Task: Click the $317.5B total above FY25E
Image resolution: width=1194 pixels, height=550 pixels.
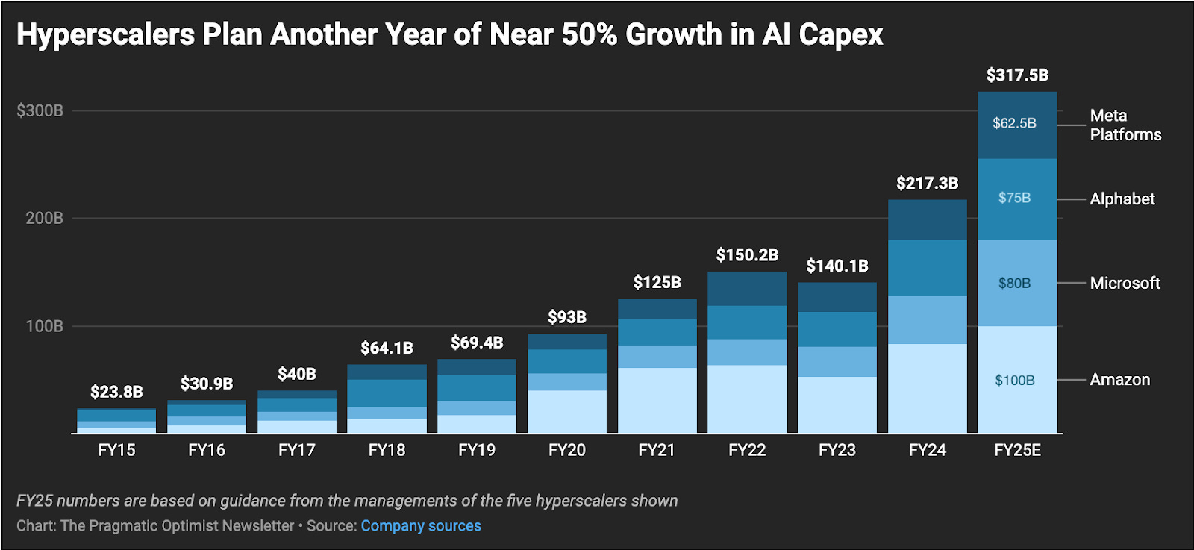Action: tap(1016, 75)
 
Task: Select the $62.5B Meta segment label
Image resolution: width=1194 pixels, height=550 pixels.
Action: tap(1014, 123)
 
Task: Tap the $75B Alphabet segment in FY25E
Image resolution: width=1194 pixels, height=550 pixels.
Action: tap(1014, 198)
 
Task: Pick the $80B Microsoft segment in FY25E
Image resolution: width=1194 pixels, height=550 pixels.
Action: tap(1014, 284)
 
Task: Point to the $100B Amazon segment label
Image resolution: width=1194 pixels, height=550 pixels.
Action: tap(1014, 381)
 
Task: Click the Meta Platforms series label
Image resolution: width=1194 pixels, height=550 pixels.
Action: tap(1125, 125)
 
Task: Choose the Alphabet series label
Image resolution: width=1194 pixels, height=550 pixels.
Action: tap(1122, 199)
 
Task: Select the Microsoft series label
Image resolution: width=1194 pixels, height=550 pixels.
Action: tap(1125, 284)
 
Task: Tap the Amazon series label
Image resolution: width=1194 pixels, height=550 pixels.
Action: tap(1119, 380)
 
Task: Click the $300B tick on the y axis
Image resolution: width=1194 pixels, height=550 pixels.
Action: tap(40, 111)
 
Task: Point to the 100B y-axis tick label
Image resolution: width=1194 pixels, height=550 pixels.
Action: tap(45, 326)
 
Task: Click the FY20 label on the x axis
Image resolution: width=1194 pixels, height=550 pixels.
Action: tap(566, 450)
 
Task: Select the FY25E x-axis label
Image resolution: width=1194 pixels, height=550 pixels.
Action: tap(1016, 450)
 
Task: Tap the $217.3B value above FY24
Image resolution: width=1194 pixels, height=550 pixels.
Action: tap(927, 183)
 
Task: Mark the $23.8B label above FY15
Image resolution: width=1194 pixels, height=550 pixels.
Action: tap(116, 392)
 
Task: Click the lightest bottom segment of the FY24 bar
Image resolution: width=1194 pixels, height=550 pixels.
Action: tap(927, 388)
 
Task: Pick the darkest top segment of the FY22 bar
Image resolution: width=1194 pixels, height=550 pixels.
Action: tap(747, 288)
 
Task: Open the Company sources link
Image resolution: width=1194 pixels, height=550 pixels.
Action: tap(421, 526)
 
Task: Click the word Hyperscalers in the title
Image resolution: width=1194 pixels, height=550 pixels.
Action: tap(105, 34)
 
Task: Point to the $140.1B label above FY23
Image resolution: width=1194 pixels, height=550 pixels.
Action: tap(837, 266)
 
